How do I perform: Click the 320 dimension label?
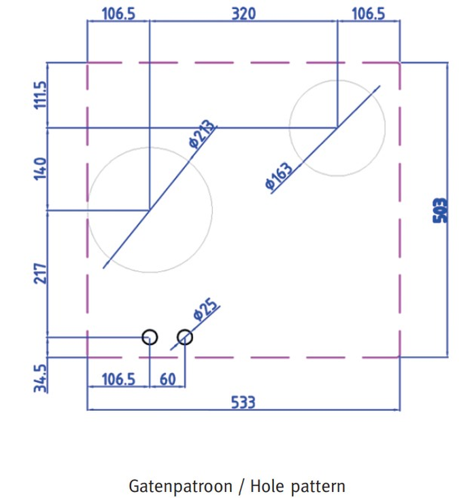click(243, 14)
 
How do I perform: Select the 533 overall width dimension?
click(243, 402)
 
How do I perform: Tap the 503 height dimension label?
click(440, 211)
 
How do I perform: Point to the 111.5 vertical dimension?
click(40, 95)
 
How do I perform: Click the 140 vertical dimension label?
click(40, 168)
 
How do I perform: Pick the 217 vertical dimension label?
click(40, 273)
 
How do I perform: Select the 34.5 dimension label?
click(40, 378)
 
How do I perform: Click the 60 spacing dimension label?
click(167, 380)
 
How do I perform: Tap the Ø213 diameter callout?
click(201, 134)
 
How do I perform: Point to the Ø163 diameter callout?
click(279, 176)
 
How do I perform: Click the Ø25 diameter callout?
click(206, 309)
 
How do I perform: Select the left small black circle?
click(150, 337)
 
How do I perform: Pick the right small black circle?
click(185, 337)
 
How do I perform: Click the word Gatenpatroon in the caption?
click(180, 486)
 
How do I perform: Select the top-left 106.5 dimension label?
click(118, 14)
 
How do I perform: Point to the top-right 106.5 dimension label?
click(368, 14)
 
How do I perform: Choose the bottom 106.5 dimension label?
click(118, 380)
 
